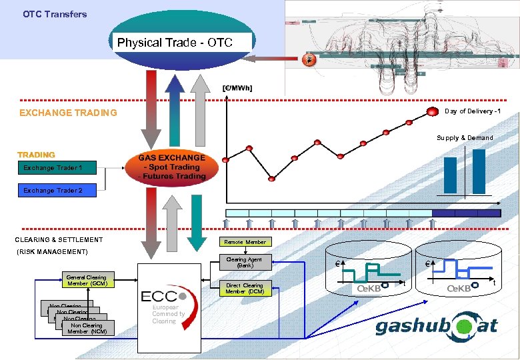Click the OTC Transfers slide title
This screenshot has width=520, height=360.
(55, 13)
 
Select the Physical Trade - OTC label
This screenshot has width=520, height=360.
(175, 43)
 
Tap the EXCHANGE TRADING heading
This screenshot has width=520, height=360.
(68, 113)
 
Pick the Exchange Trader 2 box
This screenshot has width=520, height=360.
(53, 191)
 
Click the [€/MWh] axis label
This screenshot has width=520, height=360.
(238, 88)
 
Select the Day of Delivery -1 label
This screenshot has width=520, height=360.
(473, 111)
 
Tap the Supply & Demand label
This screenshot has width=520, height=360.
(465, 138)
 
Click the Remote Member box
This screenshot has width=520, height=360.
(245, 242)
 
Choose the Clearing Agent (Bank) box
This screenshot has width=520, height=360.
(245, 263)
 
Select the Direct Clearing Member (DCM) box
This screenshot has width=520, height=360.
(245, 289)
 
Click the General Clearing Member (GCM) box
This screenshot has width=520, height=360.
(87, 280)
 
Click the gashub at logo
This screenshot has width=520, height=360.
(436, 326)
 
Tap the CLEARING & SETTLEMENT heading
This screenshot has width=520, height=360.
(59, 239)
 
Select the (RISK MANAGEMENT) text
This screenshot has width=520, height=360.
(51, 251)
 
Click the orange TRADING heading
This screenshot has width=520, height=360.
(37, 155)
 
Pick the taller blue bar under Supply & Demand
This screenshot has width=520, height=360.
(479, 171)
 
